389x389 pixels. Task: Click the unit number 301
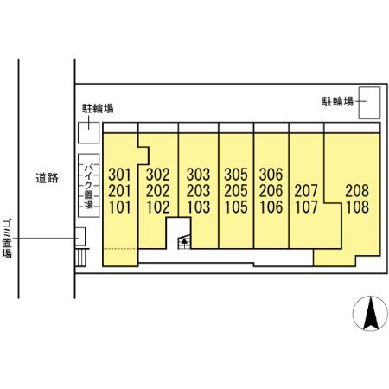(119, 175)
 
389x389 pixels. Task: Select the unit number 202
(157, 191)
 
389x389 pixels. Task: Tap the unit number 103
(198, 207)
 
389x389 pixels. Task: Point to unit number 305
(236, 175)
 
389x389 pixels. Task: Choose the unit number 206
(271, 191)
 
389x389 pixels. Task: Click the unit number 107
(306, 207)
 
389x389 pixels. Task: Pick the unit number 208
(357, 191)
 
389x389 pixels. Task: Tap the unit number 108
(357, 207)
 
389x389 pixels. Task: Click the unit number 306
(271, 175)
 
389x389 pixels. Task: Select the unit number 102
(157, 207)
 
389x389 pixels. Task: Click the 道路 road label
(47, 178)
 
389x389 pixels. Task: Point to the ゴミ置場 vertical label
(7, 239)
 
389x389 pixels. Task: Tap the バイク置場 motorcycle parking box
(89, 186)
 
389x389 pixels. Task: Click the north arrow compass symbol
(370, 314)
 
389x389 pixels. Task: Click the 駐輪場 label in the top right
(337, 101)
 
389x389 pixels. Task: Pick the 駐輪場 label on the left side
(98, 108)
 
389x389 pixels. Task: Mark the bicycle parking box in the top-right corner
(369, 103)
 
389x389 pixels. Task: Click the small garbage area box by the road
(80, 237)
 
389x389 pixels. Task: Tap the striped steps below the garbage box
(80, 258)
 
